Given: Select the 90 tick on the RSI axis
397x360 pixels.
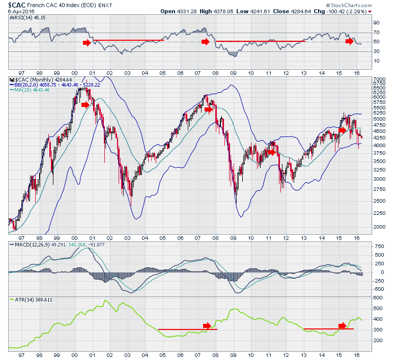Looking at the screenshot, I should click(377, 23).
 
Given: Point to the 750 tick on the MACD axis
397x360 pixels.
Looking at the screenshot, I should click(379, 246).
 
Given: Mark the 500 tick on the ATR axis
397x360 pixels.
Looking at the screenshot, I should click(378, 308).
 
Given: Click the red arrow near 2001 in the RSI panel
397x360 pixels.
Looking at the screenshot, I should click(87, 43).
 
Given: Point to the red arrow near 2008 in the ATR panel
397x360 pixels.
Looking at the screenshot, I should click(207, 326).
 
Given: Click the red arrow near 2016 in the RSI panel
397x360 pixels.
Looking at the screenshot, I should click(349, 41).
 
